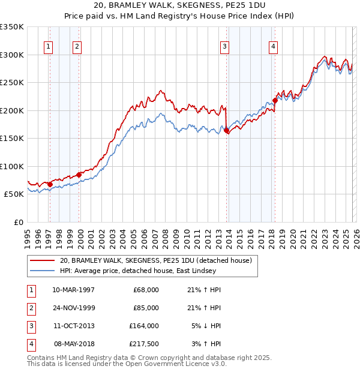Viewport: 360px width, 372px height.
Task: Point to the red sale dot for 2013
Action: tap(227, 131)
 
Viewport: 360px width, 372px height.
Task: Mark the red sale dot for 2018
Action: tap(275, 100)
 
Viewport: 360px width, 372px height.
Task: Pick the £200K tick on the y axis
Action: tap(12, 110)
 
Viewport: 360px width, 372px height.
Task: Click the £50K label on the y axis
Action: tap(14, 194)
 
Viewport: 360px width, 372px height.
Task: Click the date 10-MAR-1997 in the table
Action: tap(73, 290)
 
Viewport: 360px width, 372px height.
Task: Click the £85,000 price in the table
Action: tap(146, 308)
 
